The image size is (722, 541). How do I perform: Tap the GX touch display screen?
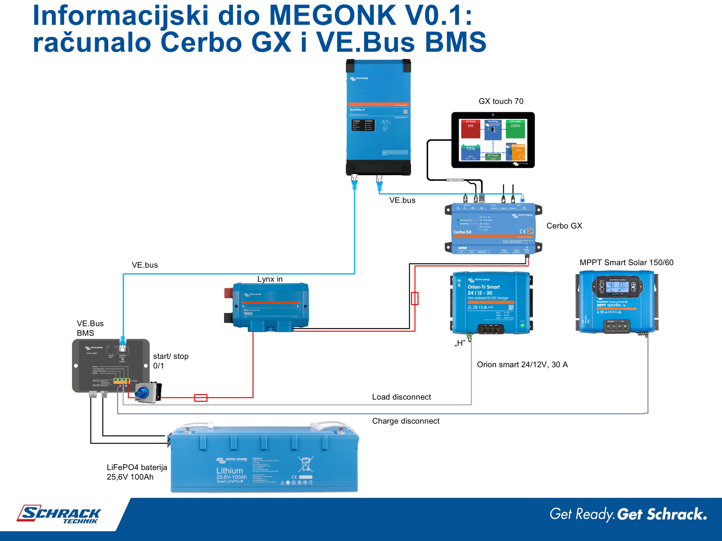(493, 140)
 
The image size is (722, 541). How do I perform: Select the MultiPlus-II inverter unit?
(378, 117)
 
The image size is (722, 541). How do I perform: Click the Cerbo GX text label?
(564, 226)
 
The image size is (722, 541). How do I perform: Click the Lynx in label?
(270, 279)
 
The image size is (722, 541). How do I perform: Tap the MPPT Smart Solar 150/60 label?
(626, 263)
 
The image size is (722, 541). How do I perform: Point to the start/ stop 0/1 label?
(170, 361)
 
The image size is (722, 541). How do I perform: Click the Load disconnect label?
(401, 397)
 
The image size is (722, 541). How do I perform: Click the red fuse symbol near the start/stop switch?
(201, 398)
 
